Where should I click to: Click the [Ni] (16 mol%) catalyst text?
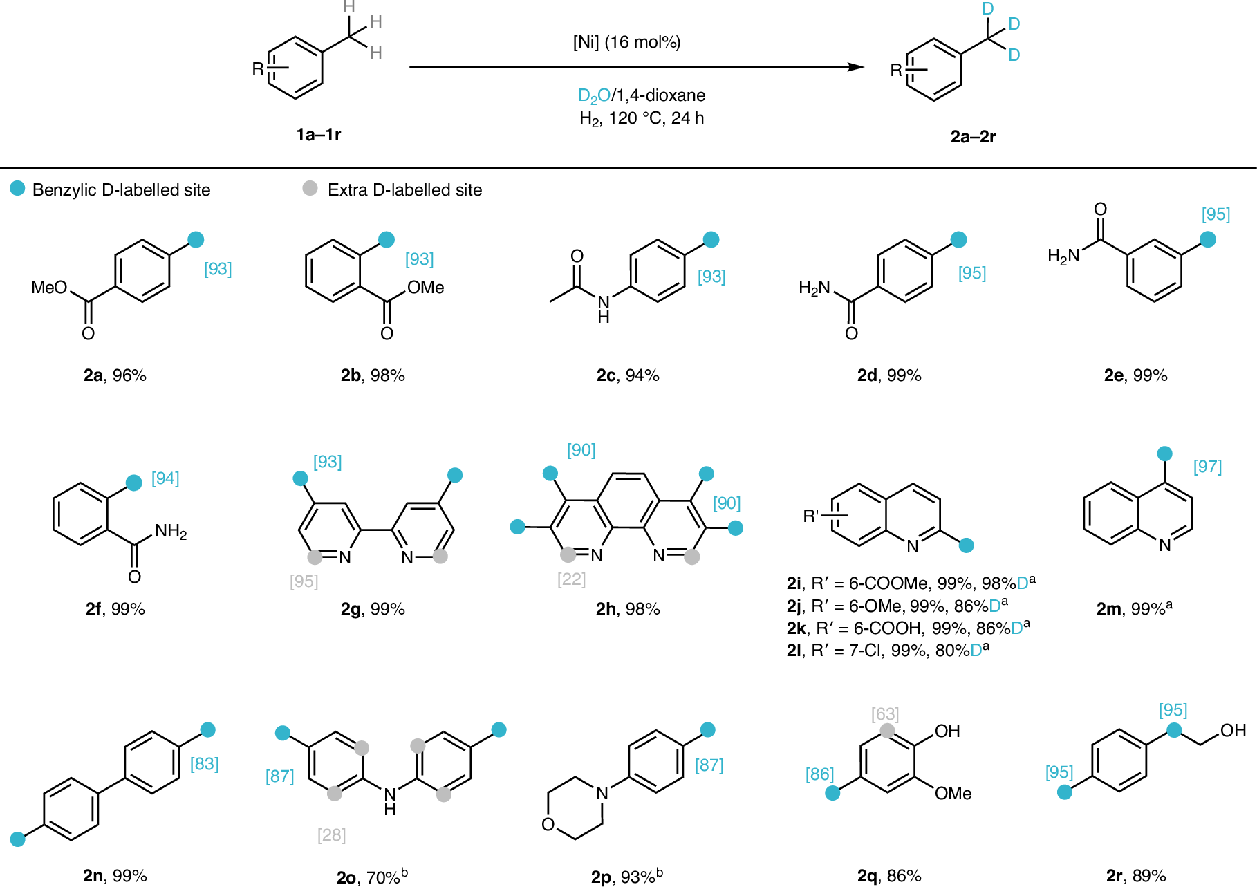[626, 42]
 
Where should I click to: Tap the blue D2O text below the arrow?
[594, 95]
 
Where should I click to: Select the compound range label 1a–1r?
[319, 134]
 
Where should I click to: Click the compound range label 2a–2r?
[973, 136]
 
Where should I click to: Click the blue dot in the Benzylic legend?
[17, 188]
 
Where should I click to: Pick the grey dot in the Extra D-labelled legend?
[310, 188]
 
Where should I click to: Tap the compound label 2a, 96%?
[115, 375]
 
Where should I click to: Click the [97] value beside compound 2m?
[1207, 467]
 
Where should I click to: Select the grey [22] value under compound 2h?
[571, 579]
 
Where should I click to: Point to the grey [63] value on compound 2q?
[884, 713]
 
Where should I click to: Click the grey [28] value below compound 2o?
[331, 835]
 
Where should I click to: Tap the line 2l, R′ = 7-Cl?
[888, 651]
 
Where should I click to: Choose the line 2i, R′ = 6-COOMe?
[911, 583]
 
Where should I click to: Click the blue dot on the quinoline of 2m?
[1164, 454]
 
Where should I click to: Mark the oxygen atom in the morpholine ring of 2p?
[548, 824]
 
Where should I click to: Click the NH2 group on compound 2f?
[171, 532]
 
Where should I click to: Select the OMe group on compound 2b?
[425, 288]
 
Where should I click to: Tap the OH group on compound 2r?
[1233, 730]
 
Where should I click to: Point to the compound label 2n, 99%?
[115, 876]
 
